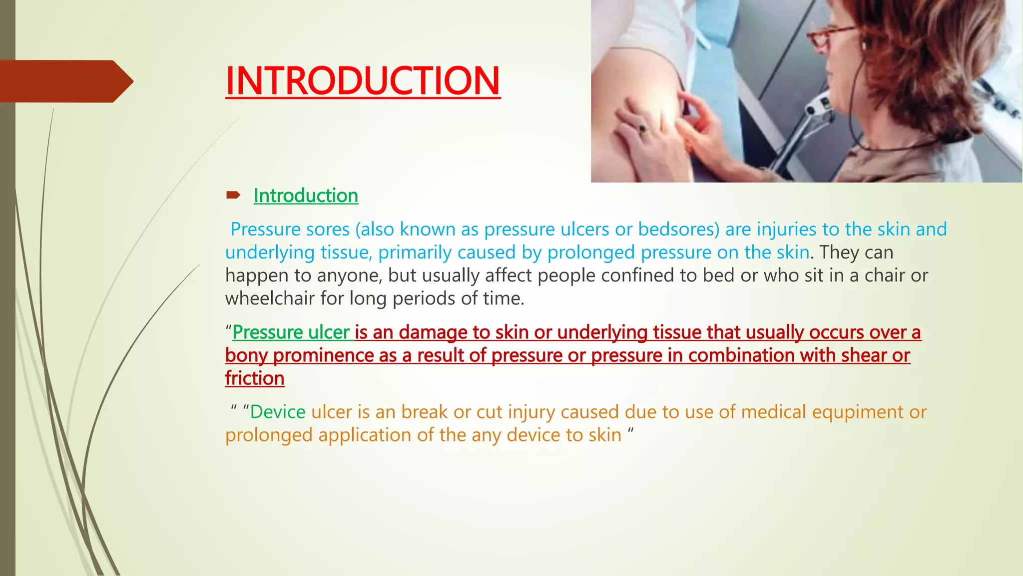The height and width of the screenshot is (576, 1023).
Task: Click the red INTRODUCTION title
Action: (363, 81)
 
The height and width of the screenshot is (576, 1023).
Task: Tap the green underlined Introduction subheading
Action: (306, 195)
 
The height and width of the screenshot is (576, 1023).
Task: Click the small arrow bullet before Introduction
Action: (233, 195)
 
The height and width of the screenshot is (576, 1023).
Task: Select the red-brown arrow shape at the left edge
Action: (65, 81)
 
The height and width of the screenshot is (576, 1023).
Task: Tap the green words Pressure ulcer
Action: (291, 332)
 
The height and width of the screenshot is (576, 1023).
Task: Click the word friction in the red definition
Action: (255, 378)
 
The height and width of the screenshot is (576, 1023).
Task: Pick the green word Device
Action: (278, 412)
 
